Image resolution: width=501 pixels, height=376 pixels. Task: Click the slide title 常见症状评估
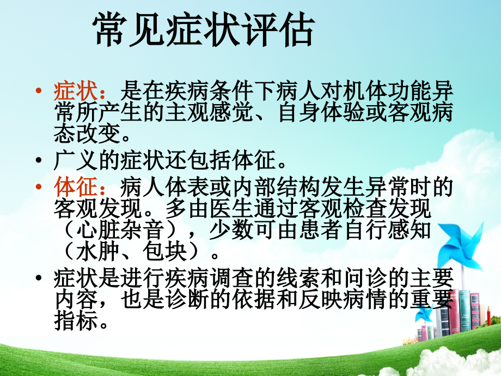pyautogui.click(x=204, y=30)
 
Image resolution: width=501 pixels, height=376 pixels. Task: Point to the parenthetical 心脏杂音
pyautogui.click(x=125, y=229)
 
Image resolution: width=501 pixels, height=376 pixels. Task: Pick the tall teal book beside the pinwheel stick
pyautogui.click(x=465, y=313)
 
